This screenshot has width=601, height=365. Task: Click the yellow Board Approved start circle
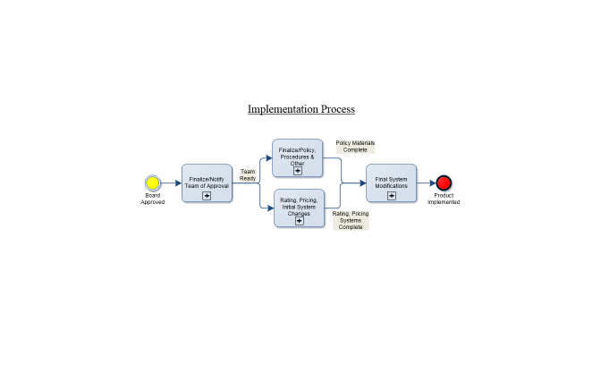[152, 182]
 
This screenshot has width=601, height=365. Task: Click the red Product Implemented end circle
[444, 182]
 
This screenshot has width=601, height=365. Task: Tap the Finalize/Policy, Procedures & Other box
[298, 157]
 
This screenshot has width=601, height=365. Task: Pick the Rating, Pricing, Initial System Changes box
[299, 208]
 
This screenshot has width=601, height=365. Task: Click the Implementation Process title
[301, 109]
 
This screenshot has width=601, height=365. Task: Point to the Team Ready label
[248, 174]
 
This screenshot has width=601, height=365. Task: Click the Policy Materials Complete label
[355, 146]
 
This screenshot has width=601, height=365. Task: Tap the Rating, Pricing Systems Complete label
[351, 221]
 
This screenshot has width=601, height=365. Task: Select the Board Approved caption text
[152, 199]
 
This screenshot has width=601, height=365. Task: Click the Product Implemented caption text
[444, 199]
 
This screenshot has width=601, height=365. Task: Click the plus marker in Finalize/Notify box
[207, 195]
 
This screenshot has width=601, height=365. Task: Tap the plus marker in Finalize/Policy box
[298, 171]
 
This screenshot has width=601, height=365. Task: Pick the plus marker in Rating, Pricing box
[299, 220]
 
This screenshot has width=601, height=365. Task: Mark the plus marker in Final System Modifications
[391, 195]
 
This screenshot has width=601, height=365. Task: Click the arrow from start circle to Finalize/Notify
[171, 182]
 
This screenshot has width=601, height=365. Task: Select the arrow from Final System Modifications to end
[426, 182]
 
